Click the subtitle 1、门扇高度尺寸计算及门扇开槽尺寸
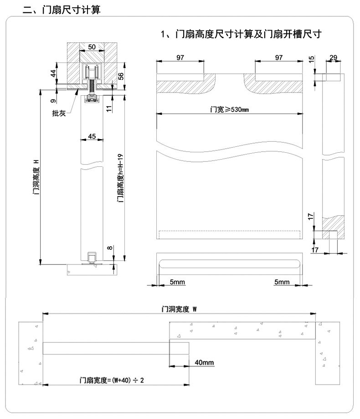tap(242, 34)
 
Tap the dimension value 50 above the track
tap(92, 47)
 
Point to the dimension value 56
tap(121, 76)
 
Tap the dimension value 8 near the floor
tap(108, 248)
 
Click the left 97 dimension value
tap(180, 57)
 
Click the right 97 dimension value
tap(278, 57)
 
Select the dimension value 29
tap(333, 57)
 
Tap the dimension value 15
tap(311, 60)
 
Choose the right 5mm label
tap(282, 282)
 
